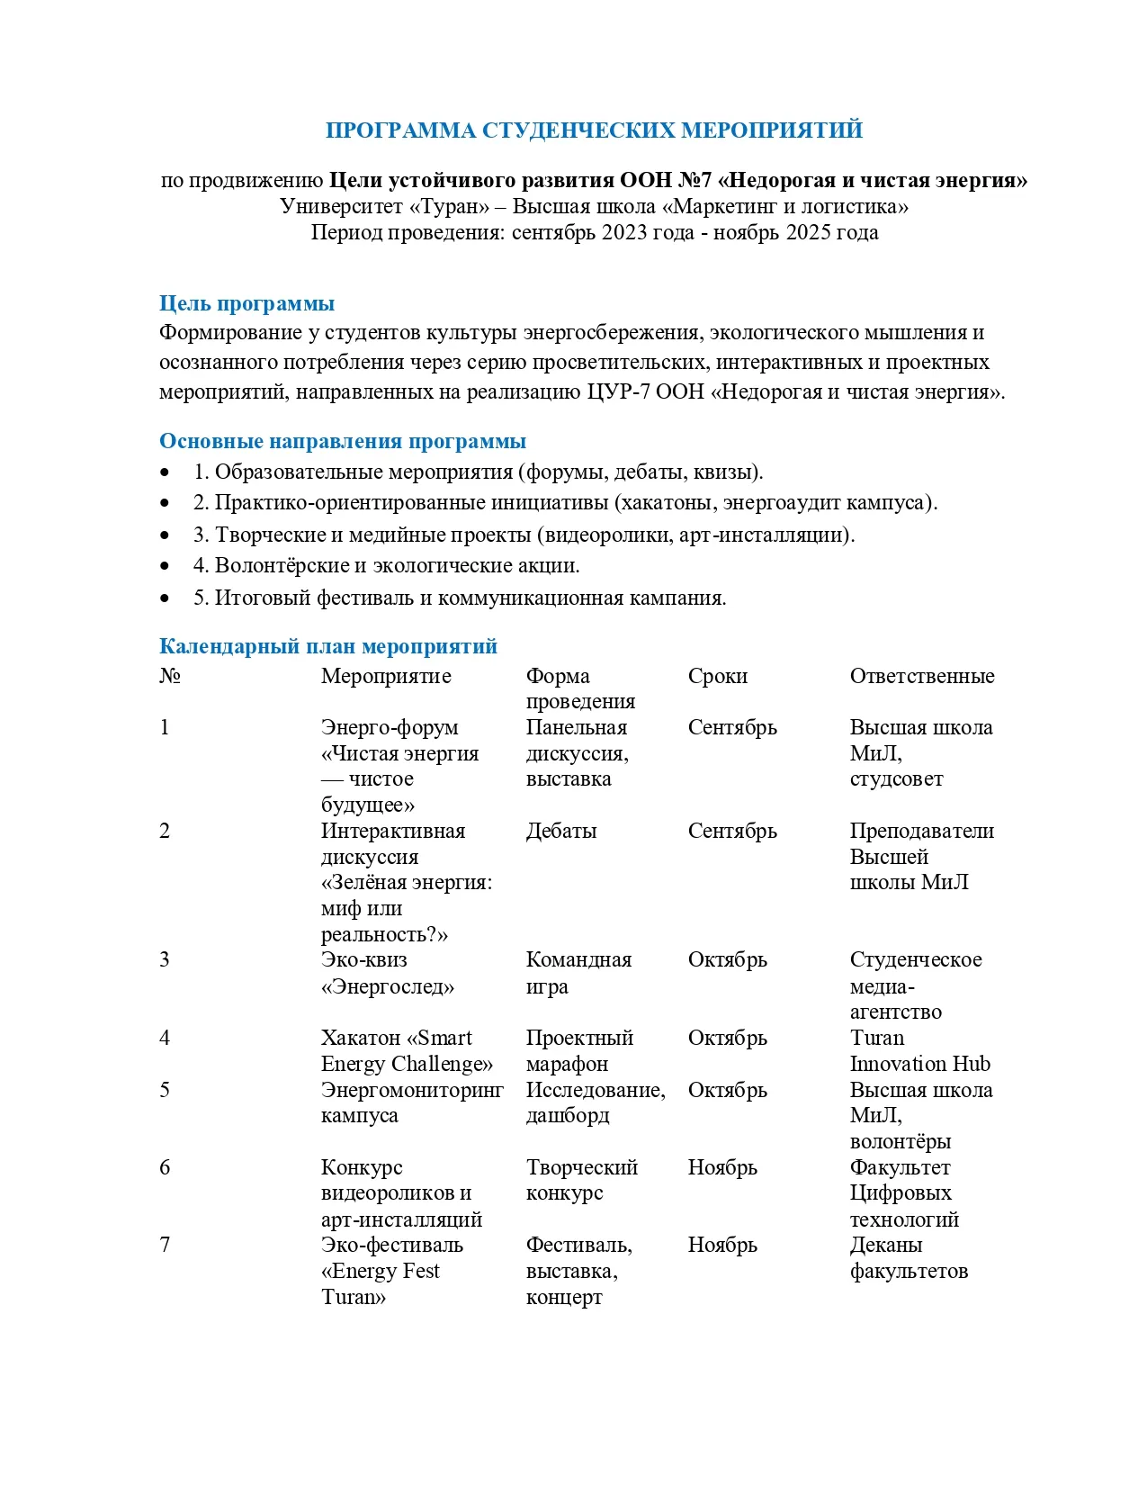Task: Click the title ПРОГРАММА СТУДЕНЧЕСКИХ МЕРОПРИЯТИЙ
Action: click(x=594, y=130)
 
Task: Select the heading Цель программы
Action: click(x=246, y=303)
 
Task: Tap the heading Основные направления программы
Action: click(x=342, y=441)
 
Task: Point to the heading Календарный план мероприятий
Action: click(x=327, y=646)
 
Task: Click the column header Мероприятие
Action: click(x=386, y=676)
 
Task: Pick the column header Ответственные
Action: click(x=922, y=676)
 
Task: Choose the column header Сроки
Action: click(x=717, y=676)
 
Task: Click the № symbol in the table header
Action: click(x=170, y=676)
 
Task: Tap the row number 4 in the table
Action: click(x=165, y=1038)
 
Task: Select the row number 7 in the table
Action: click(x=165, y=1245)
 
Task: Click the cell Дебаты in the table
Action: click(x=561, y=831)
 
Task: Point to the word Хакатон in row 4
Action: click(x=360, y=1038)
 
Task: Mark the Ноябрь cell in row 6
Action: click(x=722, y=1167)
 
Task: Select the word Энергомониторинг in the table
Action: click(x=412, y=1090)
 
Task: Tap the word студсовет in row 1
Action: click(x=896, y=778)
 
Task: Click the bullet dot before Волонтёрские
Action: click(x=165, y=566)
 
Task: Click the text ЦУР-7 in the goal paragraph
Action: click(x=619, y=391)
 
